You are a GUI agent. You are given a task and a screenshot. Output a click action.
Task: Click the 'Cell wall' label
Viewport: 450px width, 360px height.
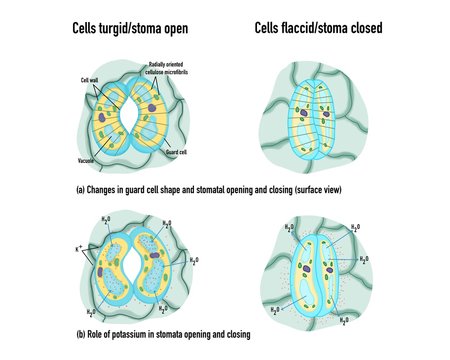89,77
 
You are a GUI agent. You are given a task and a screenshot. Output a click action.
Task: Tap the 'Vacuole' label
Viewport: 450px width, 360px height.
87,160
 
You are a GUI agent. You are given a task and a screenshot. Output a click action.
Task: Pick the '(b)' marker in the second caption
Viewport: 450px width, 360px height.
81,333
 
